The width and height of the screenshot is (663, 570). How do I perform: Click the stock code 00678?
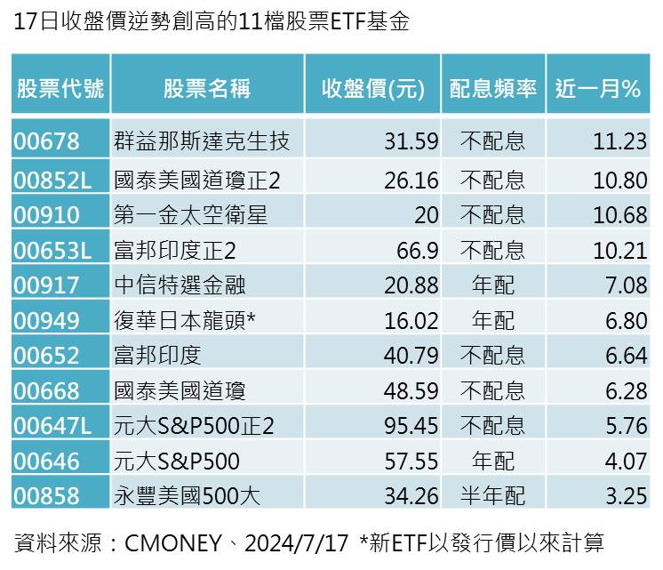[x=47, y=141]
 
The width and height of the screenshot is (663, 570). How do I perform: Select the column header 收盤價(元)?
[x=373, y=88]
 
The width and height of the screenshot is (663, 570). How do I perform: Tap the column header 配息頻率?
[x=493, y=88]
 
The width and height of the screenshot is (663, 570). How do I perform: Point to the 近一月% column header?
[x=598, y=88]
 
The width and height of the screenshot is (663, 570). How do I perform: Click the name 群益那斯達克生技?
[x=202, y=141]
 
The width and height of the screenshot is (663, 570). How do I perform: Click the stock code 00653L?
[x=53, y=251]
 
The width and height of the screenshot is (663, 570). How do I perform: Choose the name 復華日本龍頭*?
[x=185, y=320]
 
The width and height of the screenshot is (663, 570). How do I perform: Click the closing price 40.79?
[x=411, y=356]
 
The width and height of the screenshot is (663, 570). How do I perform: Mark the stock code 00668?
[x=47, y=390]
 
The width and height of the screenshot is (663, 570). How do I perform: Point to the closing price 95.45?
[x=411, y=426]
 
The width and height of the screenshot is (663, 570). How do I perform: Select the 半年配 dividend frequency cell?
[x=493, y=496]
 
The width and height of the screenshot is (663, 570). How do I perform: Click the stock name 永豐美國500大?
[x=188, y=496]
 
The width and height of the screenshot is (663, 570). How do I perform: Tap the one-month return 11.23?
[x=620, y=141]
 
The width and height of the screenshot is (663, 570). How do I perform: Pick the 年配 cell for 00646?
[x=493, y=461]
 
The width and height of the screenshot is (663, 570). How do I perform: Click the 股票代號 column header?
[x=60, y=88]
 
